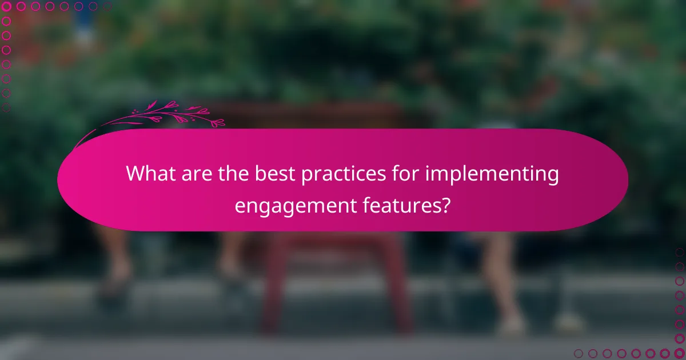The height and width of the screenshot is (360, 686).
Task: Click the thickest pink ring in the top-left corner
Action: click(7, 7)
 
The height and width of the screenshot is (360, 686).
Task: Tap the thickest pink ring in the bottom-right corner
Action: click(679, 353)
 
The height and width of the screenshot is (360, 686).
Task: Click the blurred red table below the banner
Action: click(337, 274)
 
